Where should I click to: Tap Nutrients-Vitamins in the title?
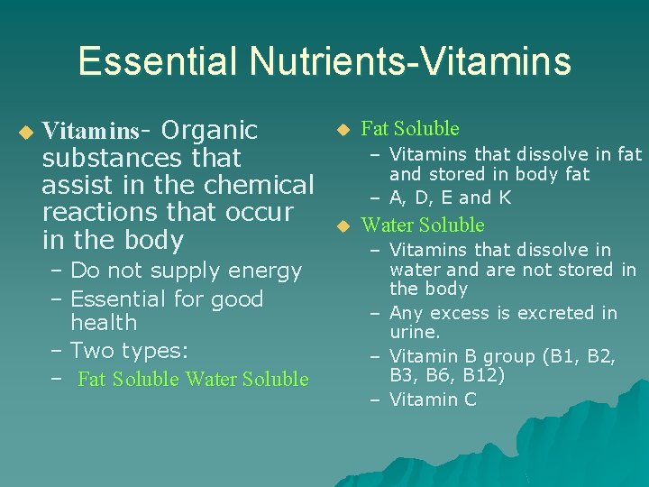(411, 61)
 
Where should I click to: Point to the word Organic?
(208, 130)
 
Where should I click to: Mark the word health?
(104, 322)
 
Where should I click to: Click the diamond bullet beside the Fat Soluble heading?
(342, 130)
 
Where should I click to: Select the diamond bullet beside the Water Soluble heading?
(342, 226)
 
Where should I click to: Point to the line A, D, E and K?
(451, 198)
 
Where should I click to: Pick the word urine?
(415, 333)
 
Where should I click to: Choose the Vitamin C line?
(433, 400)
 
